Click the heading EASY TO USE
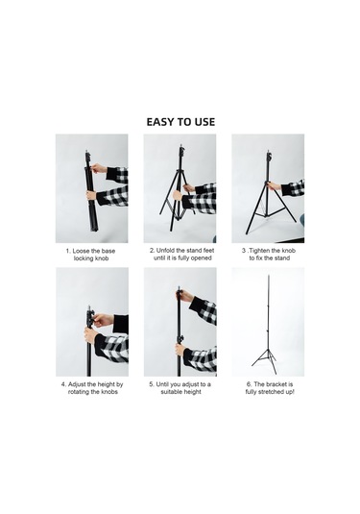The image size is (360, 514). pyautogui.click(x=180, y=122)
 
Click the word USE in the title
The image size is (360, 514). pyautogui.click(x=203, y=122)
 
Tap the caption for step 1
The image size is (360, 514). pyautogui.click(x=91, y=255)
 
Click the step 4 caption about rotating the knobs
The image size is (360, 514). pyautogui.click(x=91, y=388)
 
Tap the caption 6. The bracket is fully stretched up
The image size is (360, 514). pyautogui.click(x=268, y=388)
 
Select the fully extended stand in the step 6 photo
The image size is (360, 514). pyautogui.click(x=268, y=317)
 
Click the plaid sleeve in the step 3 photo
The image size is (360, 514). pyautogui.click(x=295, y=187)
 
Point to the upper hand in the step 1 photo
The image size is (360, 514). pyautogui.click(x=99, y=169)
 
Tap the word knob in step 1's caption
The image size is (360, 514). pyautogui.click(x=110, y=259)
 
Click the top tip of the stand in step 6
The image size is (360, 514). pyautogui.click(x=269, y=277)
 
